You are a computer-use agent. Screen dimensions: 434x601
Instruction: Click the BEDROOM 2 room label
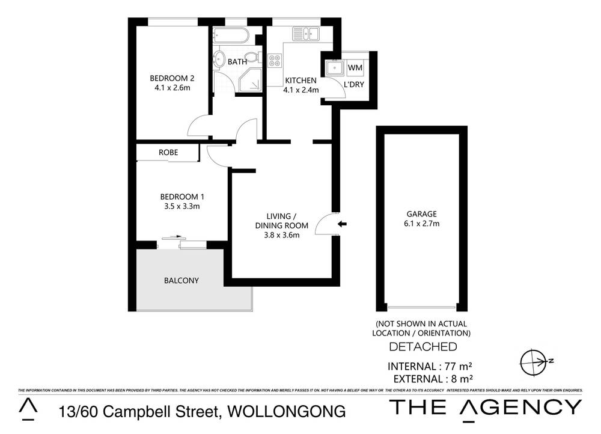(172, 78)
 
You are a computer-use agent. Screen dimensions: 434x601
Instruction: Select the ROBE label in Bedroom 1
(168, 153)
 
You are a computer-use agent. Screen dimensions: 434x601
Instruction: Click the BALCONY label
(182, 281)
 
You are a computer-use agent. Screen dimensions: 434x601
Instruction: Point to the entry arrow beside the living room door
(342, 224)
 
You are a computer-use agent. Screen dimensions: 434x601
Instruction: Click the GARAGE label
(421, 213)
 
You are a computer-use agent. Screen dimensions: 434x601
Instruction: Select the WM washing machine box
(355, 67)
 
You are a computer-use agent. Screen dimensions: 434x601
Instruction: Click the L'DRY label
(354, 85)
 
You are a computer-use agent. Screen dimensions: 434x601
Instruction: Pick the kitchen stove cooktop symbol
(275, 61)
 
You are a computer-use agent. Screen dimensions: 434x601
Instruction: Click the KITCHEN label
(300, 81)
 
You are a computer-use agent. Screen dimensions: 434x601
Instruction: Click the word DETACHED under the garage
(423, 347)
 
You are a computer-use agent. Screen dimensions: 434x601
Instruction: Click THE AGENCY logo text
(486, 408)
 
